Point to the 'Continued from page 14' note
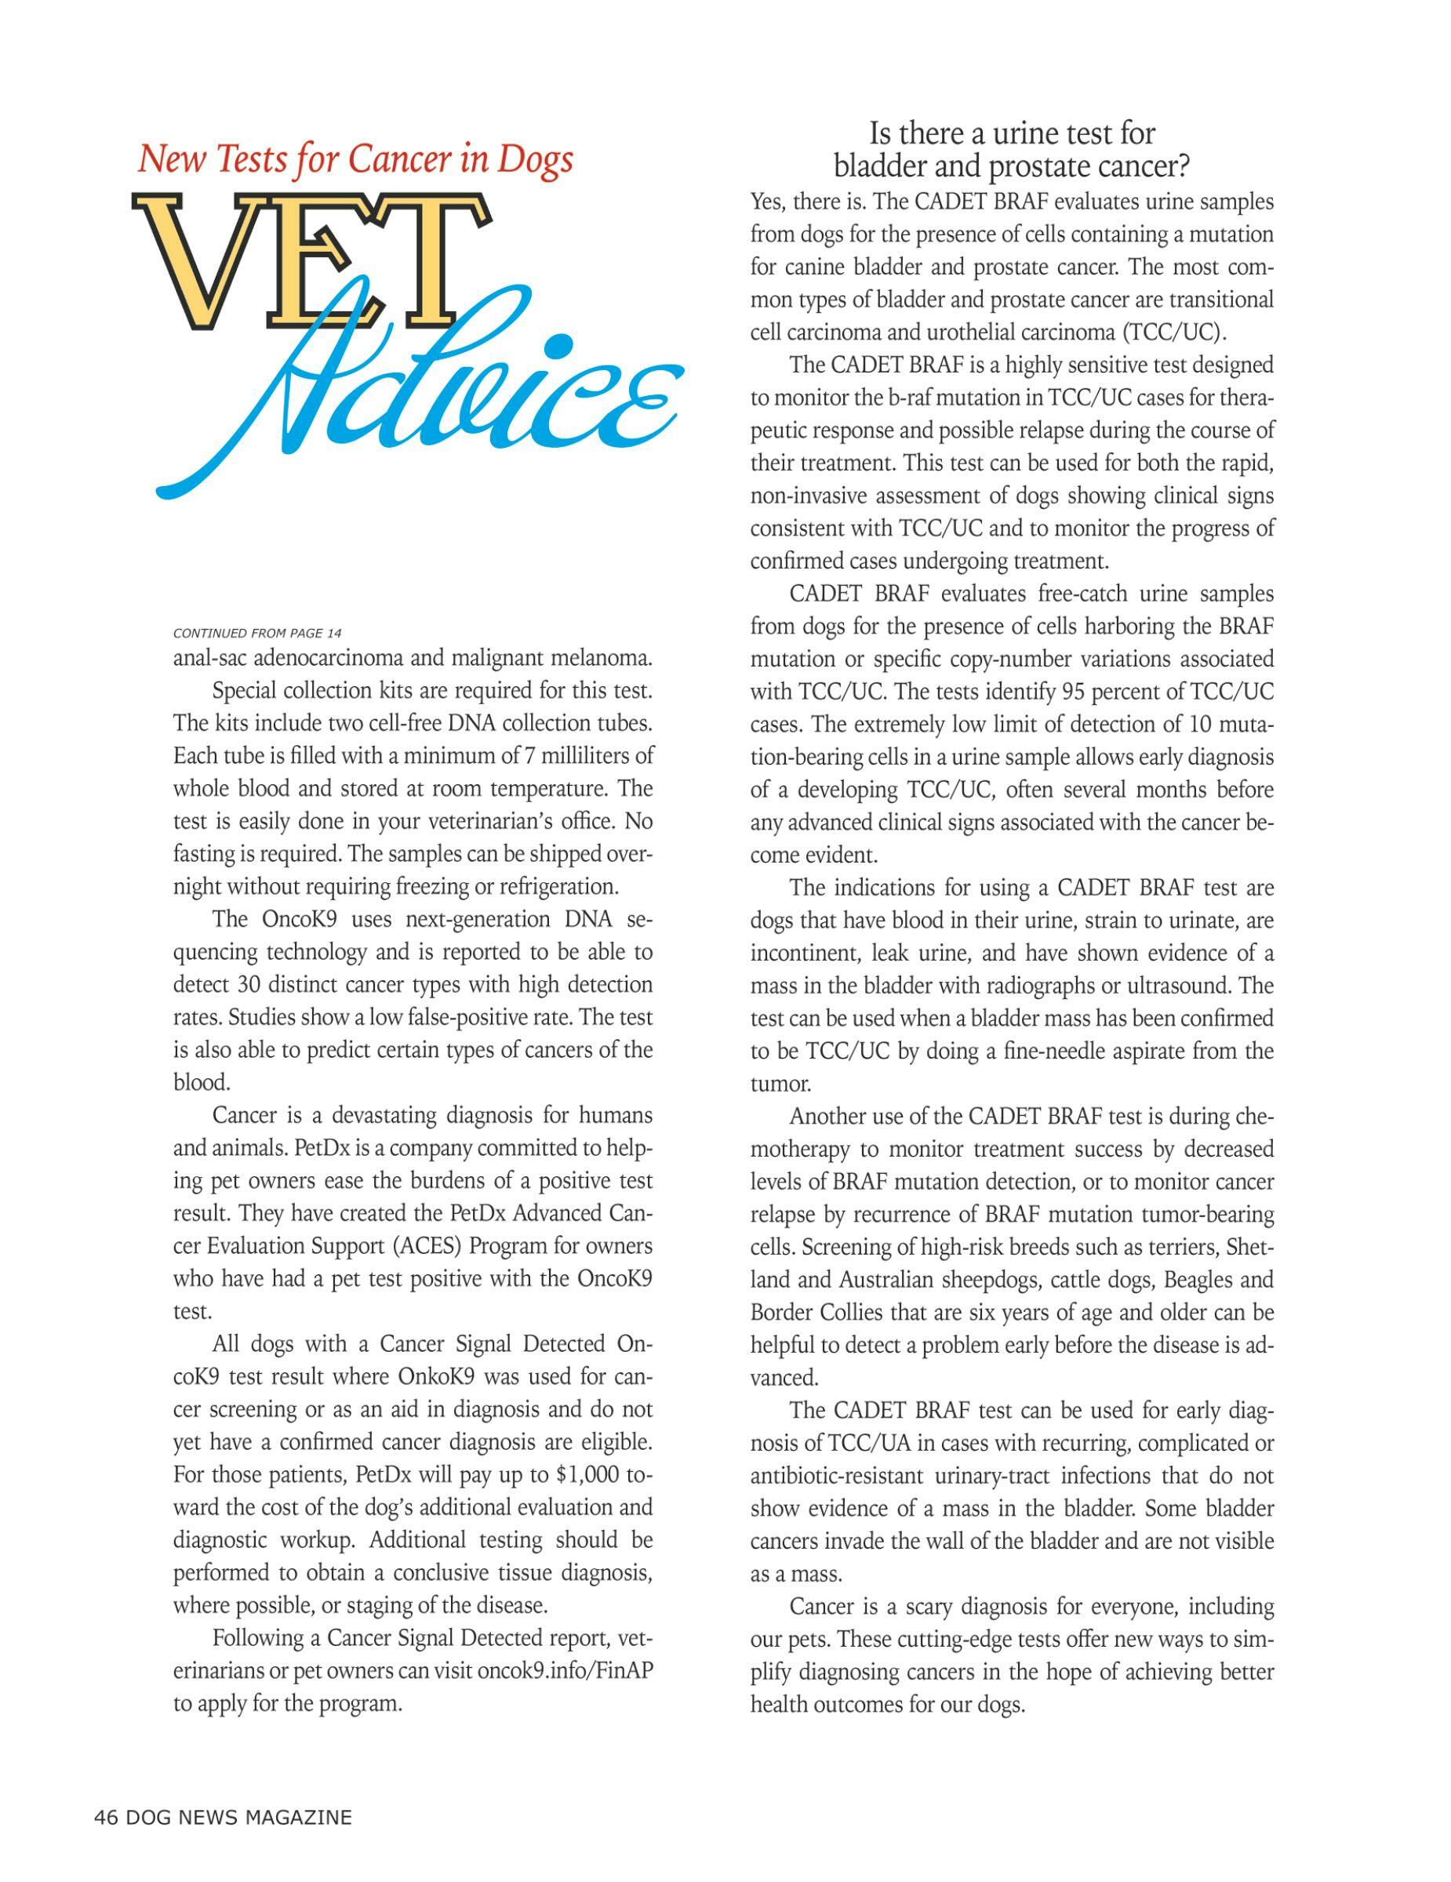(256, 634)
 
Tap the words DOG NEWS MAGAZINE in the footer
(238, 1818)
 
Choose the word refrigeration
(563, 886)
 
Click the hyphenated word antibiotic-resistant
(838, 1475)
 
